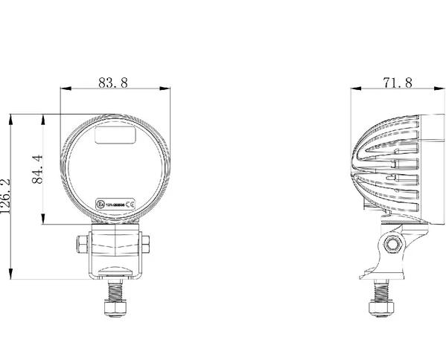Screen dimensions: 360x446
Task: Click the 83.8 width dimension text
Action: pyautogui.click(x=113, y=83)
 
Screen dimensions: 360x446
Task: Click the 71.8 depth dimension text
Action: pyautogui.click(x=397, y=83)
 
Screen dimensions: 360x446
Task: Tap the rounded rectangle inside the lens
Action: pyautogui.click(x=115, y=135)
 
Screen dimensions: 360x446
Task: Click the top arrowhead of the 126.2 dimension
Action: pyautogui.click(x=12, y=118)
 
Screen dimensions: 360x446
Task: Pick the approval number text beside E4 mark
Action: pyautogui.click(x=113, y=203)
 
